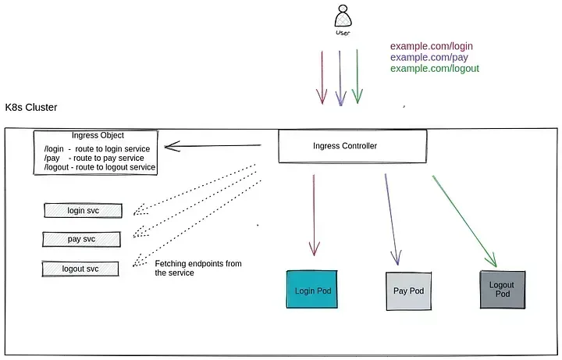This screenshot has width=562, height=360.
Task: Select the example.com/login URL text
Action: [x=432, y=46]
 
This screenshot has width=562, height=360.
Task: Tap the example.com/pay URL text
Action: [x=429, y=57]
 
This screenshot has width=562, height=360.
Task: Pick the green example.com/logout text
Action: [x=435, y=69]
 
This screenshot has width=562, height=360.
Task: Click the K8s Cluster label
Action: [x=31, y=107]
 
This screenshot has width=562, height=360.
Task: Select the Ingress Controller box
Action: [x=353, y=146]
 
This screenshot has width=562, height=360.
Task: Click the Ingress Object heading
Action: [x=98, y=135]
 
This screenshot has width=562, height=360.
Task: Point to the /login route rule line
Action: [x=97, y=149]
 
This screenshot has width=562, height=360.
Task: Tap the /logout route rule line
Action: [x=100, y=167]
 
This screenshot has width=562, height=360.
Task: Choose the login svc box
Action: [x=84, y=211]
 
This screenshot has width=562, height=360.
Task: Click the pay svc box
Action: [x=81, y=239]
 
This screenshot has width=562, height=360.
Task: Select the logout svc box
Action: [x=80, y=269]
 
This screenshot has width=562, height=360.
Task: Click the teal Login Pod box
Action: [x=311, y=290]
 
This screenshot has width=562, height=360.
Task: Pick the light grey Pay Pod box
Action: [x=408, y=291]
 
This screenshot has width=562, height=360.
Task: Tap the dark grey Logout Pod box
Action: [x=503, y=290]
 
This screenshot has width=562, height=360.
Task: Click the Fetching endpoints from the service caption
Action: [x=198, y=268]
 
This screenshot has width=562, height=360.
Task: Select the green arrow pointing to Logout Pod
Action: [x=465, y=221]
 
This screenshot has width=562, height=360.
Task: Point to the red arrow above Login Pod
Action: [x=314, y=215]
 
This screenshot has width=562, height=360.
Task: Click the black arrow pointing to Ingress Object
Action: [x=213, y=145]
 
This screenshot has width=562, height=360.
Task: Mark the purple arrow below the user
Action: [x=340, y=78]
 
